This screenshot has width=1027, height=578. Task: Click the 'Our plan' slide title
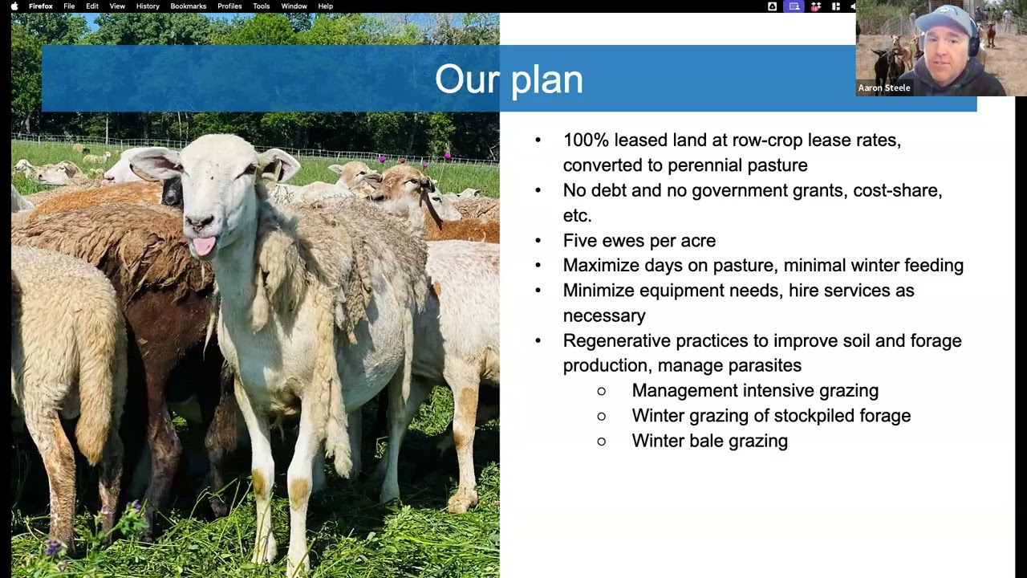pyautogui.click(x=509, y=79)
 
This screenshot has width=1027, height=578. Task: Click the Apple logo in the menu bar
pyautogui.click(x=14, y=6)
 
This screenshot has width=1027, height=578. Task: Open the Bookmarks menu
pyautogui.click(x=188, y=6)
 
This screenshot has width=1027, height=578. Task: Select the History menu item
pyautogui.click(x=148, y=6)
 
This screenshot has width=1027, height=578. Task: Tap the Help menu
pyautogui.click(x=325, y=6)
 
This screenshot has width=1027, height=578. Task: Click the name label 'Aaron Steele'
pyautogui.click(x=884, y=88)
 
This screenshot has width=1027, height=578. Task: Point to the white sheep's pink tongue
pyautogui.click(x=204, y=245)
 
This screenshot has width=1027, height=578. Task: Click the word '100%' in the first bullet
pyautogui.click(x=585, y=140)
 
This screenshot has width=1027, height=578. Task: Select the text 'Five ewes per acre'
pyautogui.click(x=639, y=241)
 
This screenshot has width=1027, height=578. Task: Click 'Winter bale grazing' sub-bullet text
pyautogui.click(x=709, y=441)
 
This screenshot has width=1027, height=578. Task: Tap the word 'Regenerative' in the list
pyautogui.click(x=616, y=341)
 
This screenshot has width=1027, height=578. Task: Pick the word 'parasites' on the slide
pyautogui.click(x=764, y=366)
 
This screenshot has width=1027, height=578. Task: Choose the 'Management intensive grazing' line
pyautogui.click(x=754, y=391)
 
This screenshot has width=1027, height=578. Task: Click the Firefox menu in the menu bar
pyautogui.click(x=41, y=6)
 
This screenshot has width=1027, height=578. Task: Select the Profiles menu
pyautogui.click(x=229, y=6)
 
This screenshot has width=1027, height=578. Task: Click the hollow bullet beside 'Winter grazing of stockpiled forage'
pyautogui.click(x=602, y=416)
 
